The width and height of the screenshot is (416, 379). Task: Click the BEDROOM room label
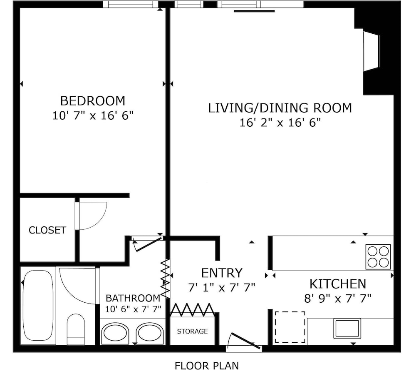[93, 101]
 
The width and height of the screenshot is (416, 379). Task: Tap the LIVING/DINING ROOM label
[280, 108]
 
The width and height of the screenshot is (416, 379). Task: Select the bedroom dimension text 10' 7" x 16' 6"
[93, 115]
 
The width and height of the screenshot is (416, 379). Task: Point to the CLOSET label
[47, 230]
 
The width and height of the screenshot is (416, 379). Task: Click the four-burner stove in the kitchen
[378, 257]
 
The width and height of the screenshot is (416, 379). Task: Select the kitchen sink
[347, 329]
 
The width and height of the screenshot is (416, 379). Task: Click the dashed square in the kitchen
[290, 327]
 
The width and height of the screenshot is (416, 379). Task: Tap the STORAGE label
[192, 331]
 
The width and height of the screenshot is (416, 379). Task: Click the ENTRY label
[222, 273]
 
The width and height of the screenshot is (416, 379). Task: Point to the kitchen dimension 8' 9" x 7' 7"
[337, 299]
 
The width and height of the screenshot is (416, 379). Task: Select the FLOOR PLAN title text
[207, 366]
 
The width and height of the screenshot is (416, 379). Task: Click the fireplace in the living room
[371, 51]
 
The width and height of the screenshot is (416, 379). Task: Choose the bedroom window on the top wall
[130, 4]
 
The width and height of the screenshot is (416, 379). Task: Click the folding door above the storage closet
[192, 310]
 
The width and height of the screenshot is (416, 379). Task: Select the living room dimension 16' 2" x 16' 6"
[280, 123]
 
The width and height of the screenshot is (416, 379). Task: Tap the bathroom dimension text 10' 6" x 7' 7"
[133, 309]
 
